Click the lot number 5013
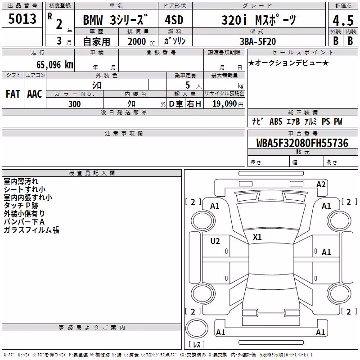pos(22,18)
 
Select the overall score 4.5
pos(343,21)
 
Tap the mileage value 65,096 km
pos(55,64)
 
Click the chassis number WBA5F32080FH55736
pos(302,143)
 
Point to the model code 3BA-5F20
pos(258,41)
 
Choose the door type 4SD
pos(174,20)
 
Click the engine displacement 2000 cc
pos(141,41)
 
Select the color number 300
pos(75,104)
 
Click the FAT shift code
pos(13,94)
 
